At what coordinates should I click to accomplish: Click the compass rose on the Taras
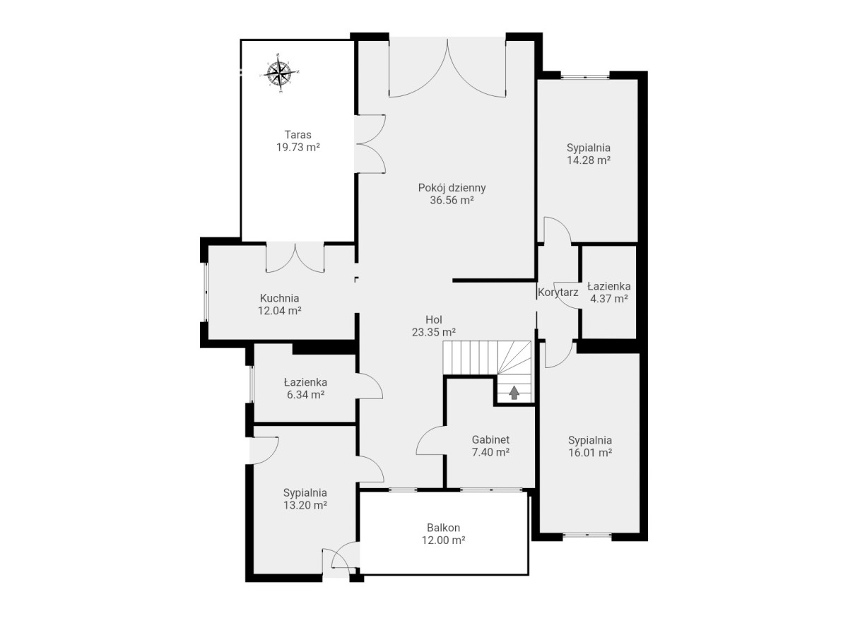[x=279, y=73]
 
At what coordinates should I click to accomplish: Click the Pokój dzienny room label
[x=452, y=188]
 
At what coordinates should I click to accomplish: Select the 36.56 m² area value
[x=452, y=200]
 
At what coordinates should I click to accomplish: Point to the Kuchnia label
[x=279, y=298]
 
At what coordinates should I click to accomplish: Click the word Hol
[x=434, y=319]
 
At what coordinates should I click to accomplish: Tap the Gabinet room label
[x=490, y=439]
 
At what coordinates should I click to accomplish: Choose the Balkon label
[x=444, y=527]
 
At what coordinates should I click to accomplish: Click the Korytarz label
[x=558, y=292]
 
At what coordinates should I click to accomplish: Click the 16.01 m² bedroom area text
[x=590, y=452]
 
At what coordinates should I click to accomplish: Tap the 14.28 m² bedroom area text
[x=589, y=160]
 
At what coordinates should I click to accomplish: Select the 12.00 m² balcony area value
[x=444, y=540]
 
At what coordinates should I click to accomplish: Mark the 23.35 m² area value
[x=434, y=332]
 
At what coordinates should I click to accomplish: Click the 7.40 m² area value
[x=490, y=451]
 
